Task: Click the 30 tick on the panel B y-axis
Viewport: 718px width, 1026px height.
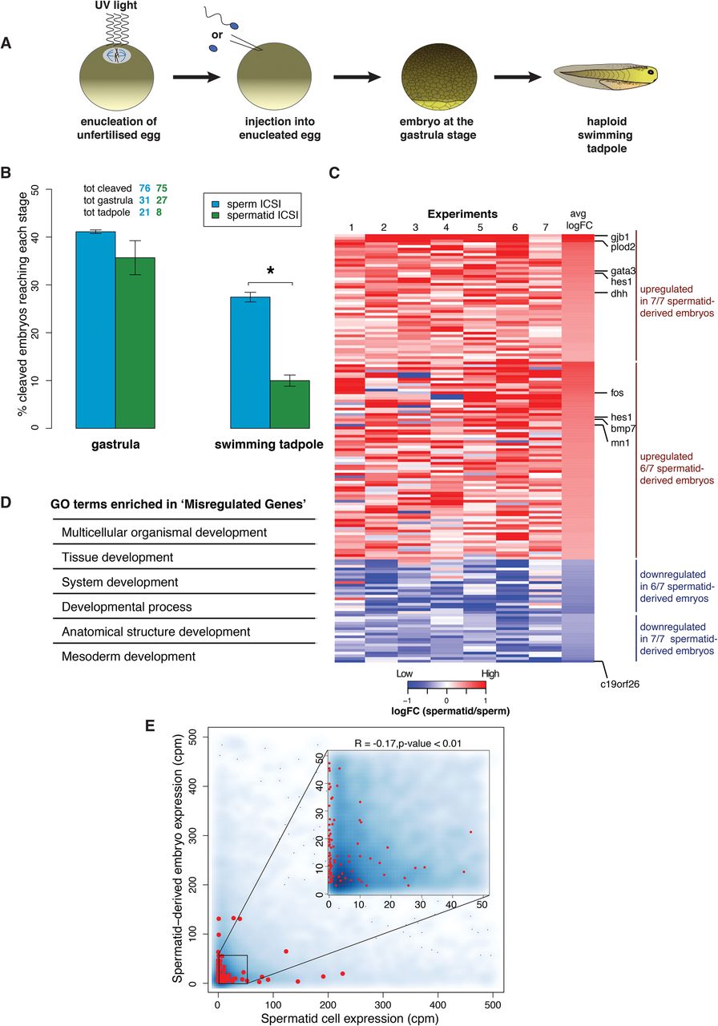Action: click(35, 285)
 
